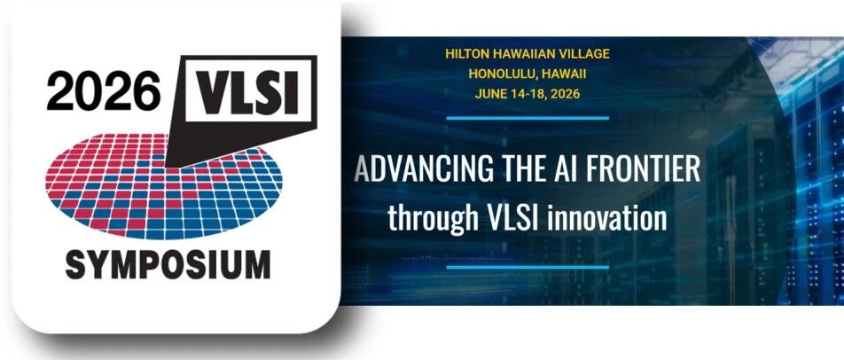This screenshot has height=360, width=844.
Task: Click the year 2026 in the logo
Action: (x=104, y=90)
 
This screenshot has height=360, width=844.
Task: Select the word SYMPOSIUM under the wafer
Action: (x=168, y=265)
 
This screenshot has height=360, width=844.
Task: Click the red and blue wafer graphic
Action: (x=164, y=185)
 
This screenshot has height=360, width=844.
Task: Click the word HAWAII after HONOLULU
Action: (x=559, y=74)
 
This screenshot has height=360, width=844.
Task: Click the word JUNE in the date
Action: (x=491, y=94)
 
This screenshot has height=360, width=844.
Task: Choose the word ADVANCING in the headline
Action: (x=424, y=169)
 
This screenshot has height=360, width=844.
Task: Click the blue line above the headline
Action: (x=527, y=118)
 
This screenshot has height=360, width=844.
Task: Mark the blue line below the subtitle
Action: (x=527, y=267)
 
